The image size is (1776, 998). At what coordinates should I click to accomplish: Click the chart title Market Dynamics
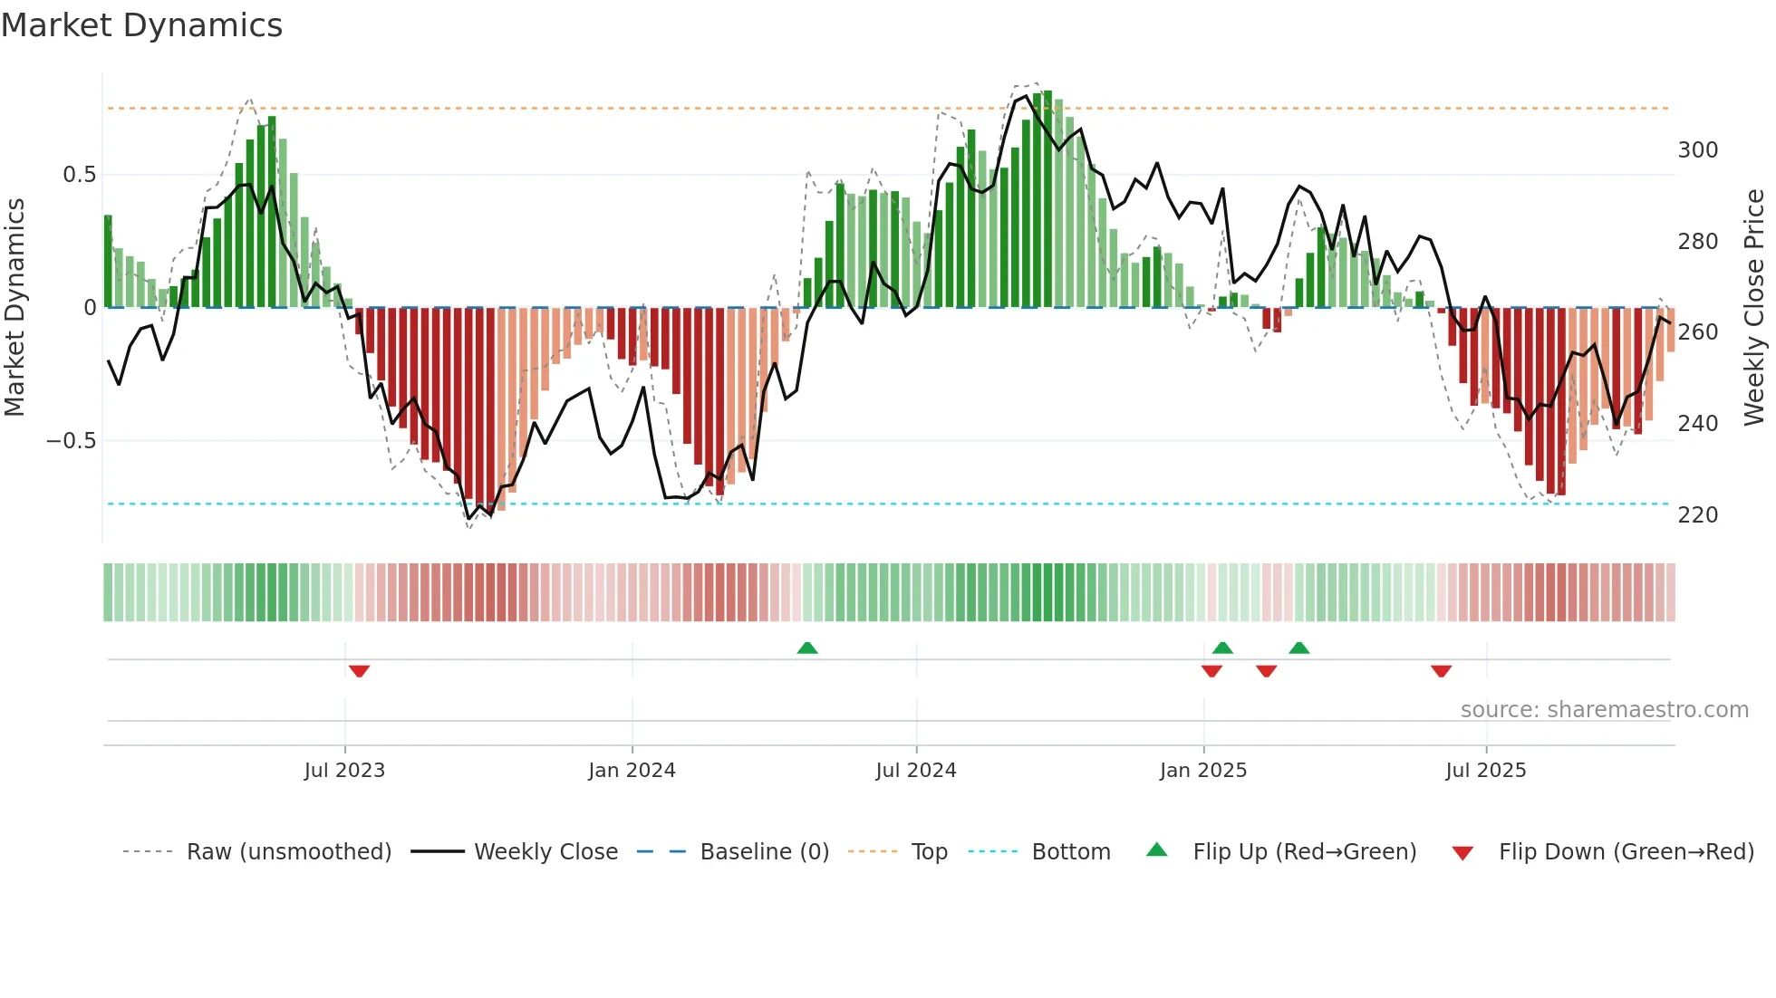(x=141, y=25)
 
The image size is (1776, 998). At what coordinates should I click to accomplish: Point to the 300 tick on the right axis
(x=1697, y=150)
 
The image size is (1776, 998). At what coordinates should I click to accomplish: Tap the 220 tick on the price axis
(x=1697, y=515)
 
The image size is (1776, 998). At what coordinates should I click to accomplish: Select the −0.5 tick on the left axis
(x=71, y=441)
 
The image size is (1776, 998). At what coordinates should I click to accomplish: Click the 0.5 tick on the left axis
(x=79, y=175)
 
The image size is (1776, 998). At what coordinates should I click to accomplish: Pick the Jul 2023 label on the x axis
(x=344, y=771)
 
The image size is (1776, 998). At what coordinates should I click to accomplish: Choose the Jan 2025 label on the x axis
(x=1202, y=771)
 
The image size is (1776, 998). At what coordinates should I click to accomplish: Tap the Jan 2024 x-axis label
(x=632, y=771)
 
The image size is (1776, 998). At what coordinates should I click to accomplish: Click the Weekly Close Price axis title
(x=1754, y=308)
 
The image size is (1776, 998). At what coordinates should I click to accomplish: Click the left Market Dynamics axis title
(x=14, y=308)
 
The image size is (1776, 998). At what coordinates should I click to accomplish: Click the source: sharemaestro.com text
(x=1604, y=710)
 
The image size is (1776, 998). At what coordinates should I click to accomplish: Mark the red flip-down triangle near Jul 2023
(x=359, y=671)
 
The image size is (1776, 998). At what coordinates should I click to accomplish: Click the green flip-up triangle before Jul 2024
(x=807, y=648)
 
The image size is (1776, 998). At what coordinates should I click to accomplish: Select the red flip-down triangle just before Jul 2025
(x=1441, y=671)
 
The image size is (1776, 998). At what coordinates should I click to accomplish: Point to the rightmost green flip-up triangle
(x=1298, y=648)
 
